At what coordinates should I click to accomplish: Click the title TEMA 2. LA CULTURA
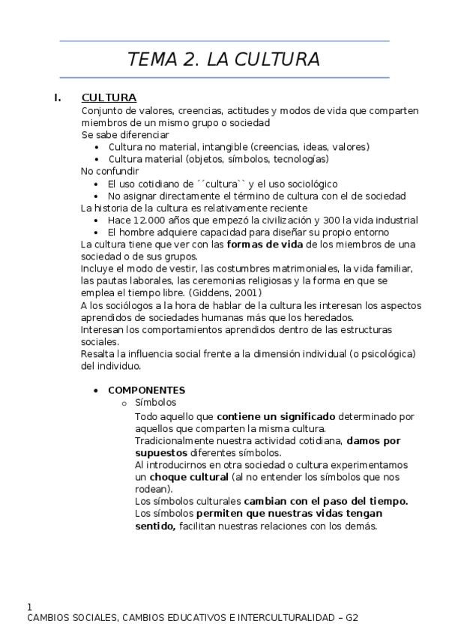[223, 59]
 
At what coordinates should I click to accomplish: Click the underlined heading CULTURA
[109, 97]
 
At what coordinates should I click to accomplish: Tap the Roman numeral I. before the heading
[57, 97]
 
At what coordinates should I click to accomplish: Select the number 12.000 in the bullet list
[148, 220]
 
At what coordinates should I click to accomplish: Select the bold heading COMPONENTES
[146, 390]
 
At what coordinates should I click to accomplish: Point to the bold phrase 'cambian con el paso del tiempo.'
[326, 500]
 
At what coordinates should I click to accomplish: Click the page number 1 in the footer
[29, 606]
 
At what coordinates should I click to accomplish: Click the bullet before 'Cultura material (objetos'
[97, 159]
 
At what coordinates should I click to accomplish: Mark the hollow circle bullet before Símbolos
[124, 403]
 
